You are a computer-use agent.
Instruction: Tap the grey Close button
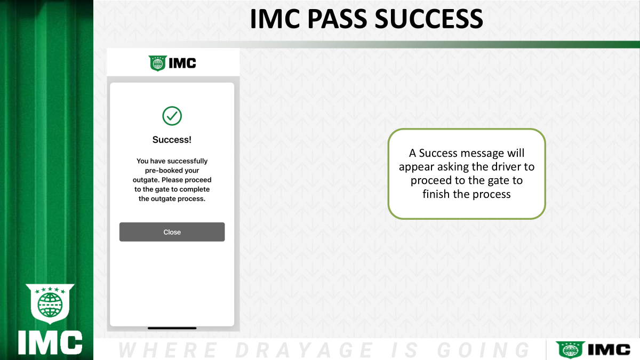coord(172,231)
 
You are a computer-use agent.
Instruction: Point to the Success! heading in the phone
coord(172,140)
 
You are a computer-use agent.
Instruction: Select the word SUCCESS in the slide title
coord(429,19)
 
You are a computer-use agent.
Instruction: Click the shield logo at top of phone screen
coord(157,63)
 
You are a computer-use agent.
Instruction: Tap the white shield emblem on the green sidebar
coord(50,303)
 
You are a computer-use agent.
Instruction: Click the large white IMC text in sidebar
coord(50,343)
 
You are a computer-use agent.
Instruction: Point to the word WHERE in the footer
coord(167,350)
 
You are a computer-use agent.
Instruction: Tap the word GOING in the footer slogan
coord(483,350)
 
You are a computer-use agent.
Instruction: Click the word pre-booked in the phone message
coord(161,171)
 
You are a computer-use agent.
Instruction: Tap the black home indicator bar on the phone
coord(172,329)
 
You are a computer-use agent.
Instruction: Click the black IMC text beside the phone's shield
coord(182,63)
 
